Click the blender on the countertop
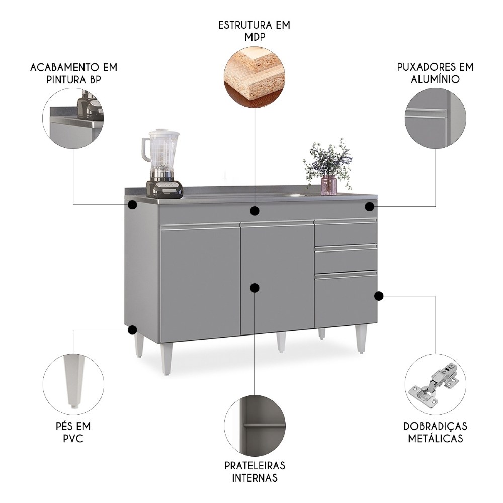click(161, 163)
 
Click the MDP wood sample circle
click(255, 74)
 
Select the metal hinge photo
click(435, 385)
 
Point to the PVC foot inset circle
click(73, 380)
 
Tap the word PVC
click(73, 439)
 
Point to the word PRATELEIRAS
click(255, 466)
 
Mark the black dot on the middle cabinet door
click(255, 288)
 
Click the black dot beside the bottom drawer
click(379, 296)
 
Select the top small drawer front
click(346, 233)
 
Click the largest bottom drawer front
click(346, 300)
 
